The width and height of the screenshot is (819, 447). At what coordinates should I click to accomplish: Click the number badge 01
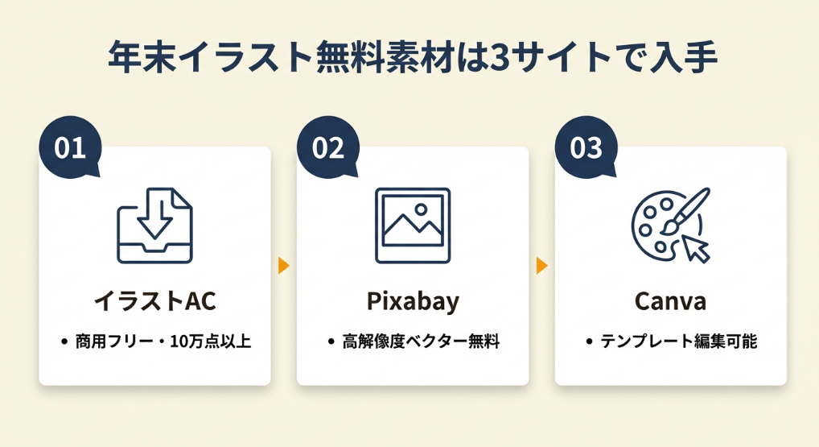pos(70,147)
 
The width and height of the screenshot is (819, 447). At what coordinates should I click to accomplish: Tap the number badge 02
pos(328,147)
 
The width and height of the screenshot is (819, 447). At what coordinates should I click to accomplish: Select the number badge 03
pos(586,147)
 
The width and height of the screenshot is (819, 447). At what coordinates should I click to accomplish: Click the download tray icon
pos(154,226)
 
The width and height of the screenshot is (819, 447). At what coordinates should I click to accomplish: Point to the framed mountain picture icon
pos(413,226)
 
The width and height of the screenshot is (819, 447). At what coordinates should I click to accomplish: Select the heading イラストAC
pos(154,301)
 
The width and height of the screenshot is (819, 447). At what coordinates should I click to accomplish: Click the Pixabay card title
pos(413,302)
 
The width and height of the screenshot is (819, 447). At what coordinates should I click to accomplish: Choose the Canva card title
pos(671,301)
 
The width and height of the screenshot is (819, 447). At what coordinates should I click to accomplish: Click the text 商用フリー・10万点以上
pos(163,341)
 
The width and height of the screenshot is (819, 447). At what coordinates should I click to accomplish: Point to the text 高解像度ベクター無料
pos(421,341)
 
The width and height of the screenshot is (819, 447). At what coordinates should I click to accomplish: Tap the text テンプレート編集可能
pos(678,341)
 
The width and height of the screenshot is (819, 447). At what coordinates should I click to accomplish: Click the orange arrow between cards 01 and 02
pos(284,266)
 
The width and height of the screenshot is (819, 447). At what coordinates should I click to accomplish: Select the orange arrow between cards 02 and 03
pos(541,266)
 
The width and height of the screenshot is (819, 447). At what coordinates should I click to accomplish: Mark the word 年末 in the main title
pos(142,57)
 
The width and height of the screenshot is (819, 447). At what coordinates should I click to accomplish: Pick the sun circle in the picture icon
pos(421,209)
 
